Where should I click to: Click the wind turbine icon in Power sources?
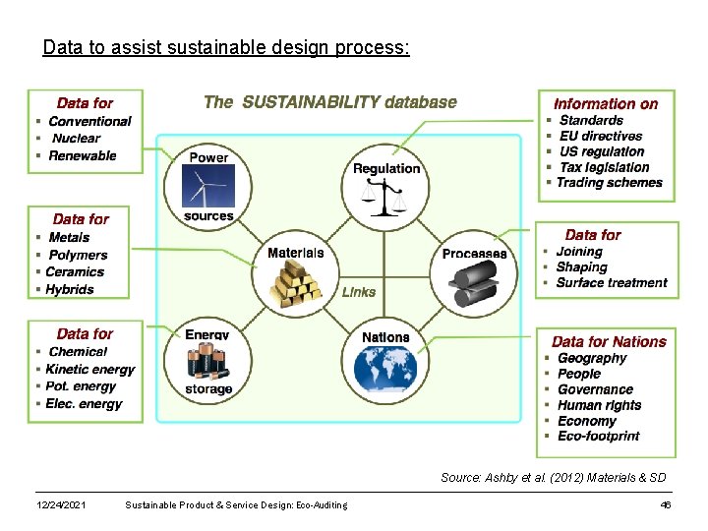(208, 187)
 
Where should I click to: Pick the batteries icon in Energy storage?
(207, 361)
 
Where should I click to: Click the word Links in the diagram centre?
(359, 292)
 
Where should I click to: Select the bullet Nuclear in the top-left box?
(77, 139)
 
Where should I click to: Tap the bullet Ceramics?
(75, 271)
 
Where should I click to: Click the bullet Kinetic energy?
(89, 369)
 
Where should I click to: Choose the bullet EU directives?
(600, 136)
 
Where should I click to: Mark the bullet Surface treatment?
(611, 283)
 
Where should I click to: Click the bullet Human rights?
(599, 405)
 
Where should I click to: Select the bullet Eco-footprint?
(598, 436)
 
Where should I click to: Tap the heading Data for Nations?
(609, 342)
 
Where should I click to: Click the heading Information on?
(606, 103)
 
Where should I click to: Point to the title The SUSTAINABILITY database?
(330, 101)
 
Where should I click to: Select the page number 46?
(666, 504)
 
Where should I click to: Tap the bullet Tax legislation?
(604, 167)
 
